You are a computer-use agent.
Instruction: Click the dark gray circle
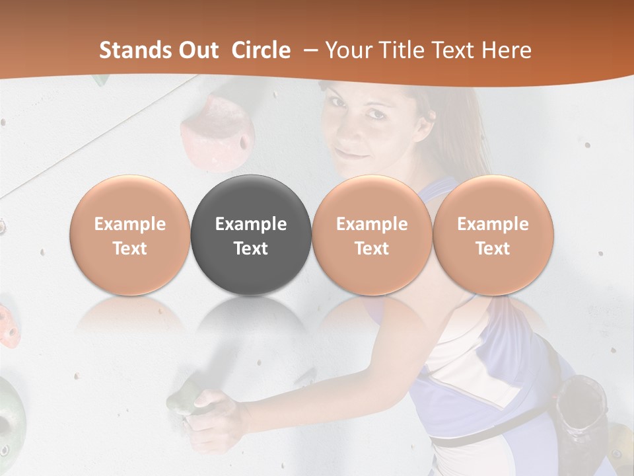251,235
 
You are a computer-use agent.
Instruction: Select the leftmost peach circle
130,235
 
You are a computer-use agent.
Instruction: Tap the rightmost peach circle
493,235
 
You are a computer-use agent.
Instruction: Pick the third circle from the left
372,235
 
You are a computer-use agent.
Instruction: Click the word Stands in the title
135,50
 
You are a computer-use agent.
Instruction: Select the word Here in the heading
508,50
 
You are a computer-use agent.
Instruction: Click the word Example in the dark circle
251,224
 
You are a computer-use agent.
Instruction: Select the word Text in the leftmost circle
130,249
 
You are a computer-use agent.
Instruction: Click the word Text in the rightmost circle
493,249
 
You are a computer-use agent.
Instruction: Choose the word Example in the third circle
372,224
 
